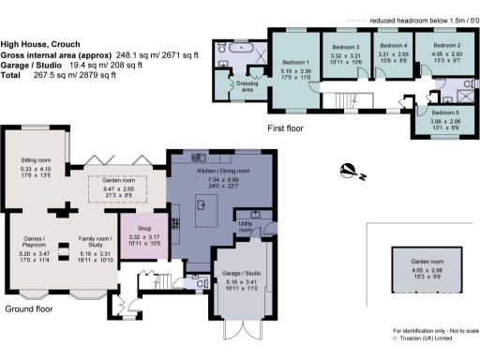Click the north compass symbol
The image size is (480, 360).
[348, 171]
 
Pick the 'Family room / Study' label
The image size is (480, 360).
[94, 246]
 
